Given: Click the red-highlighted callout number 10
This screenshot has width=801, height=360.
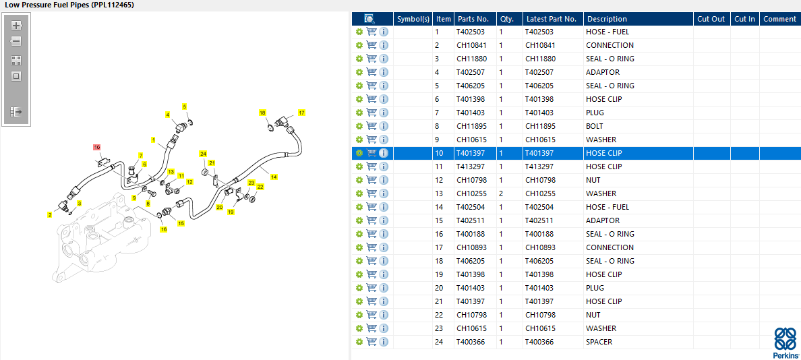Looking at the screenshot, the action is click(x=96, y=148).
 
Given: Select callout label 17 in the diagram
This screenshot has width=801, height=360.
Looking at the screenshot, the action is click(x=301, y=113).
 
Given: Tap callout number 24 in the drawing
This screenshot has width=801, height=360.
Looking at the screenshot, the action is click(x=203, y=154).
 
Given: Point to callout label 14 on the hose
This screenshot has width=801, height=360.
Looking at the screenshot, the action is click(x=274, y=177).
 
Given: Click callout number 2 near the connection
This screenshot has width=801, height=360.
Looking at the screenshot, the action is click(x=49, y=215).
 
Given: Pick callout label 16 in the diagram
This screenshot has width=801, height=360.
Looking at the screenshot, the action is click(x=163, y=229).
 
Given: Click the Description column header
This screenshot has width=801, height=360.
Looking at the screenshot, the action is click(x=606, y=19).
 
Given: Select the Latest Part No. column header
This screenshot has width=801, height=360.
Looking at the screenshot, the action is click(x=552, y=19).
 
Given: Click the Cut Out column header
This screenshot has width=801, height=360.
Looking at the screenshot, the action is click(x=711, y=19).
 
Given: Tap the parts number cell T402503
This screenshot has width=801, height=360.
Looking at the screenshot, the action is click(x=471, y=32).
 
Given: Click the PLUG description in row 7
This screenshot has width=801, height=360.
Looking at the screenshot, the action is click(x=595, y=113).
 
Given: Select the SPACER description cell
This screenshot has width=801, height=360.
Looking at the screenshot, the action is click(x=599, y=342).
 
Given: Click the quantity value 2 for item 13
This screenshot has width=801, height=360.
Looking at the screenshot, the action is click(x=501, y=193).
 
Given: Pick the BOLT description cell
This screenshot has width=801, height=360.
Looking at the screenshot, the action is click(x=594, y=126).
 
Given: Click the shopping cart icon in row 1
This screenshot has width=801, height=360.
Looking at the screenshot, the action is click(x=372, y=32).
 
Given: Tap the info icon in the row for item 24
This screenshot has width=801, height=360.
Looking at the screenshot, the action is click(x=384, y=342).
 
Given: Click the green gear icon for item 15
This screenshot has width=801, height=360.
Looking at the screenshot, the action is click(x=359, y=220).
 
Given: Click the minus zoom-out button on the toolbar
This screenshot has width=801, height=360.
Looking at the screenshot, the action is click(x=16, y=41).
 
